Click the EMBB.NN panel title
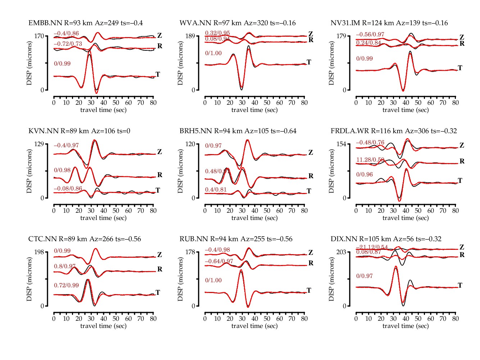[x=86, y=23]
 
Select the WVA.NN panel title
[x=237, y=23]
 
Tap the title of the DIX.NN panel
[x=386, y=239]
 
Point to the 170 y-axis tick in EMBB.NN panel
[x=39, y=36]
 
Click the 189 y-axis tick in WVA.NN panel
[x=190, y=36]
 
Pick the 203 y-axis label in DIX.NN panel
[x=341, y=252]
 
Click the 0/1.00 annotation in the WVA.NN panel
[x=213, y=53]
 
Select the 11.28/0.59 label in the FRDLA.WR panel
[x=370, y=160]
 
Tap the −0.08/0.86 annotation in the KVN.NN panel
[x=68, y=189]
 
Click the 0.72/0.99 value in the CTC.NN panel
[x=66, y=285]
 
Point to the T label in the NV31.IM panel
[x=460, y=68]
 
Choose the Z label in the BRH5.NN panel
[x=311, y=153]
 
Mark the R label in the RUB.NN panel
[x=311, y=263]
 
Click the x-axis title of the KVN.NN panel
[x=103, y=218]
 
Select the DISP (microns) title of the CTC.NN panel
[x=29, y=279]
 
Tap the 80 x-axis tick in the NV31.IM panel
[x=456, y=103]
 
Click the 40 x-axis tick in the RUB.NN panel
[x=255, y=319]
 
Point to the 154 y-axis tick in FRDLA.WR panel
[x=341, y=144]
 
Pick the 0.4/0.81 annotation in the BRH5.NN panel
[x=216, y=190]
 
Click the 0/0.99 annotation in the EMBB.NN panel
[x=62, y=64]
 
